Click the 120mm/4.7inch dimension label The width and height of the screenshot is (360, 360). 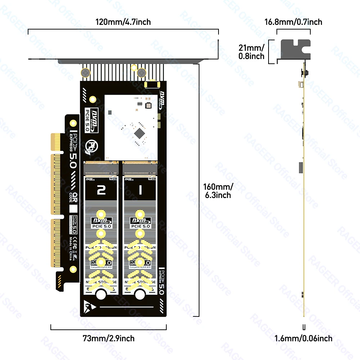coord(123,22)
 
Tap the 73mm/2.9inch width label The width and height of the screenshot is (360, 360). coord(108,338)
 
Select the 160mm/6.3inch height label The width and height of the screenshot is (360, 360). coord(218,191)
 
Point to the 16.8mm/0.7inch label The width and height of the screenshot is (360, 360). coord(293,22)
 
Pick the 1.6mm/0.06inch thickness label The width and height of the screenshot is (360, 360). coord(303,338)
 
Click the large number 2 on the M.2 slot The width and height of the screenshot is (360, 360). coord(102,190)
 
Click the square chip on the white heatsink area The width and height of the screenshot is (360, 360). coord(139,134)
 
